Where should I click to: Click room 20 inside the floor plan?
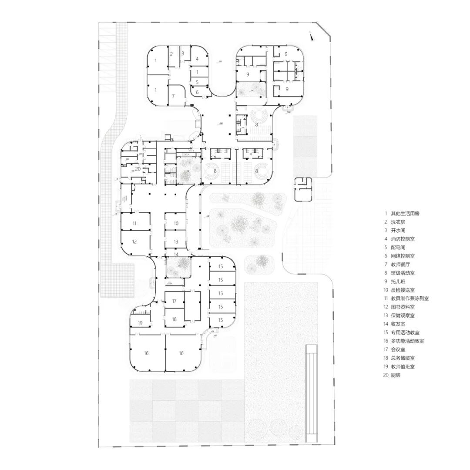coord(138,169)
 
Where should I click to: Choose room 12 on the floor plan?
coord(135,242)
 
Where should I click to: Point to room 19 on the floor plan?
coord(140,323)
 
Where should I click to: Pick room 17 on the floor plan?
coord(174,301)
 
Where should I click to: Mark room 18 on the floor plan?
coord(174,319)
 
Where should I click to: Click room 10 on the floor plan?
coord(176,223)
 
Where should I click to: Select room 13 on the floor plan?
coord(176,241)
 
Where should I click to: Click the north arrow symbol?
coord(311,36)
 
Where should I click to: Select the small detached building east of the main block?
coord(303,189)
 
